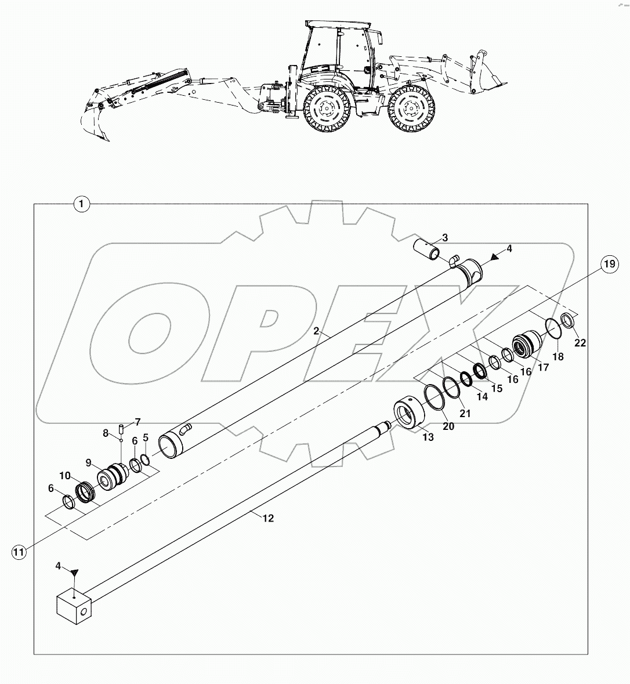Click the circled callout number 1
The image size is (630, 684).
(82, 204)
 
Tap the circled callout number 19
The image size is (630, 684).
(607, 265)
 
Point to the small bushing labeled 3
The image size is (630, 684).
(428, 251)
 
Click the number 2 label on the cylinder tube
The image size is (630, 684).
(316, 331)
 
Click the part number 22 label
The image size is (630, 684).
(580, 343)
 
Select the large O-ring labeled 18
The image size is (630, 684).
(553, 329)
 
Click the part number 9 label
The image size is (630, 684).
(89, 462)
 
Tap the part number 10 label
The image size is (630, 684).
(64, 476)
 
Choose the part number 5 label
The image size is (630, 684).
(146, 436)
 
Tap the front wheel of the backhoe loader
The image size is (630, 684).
(411, 109)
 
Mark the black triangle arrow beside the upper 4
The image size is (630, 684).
(495, 256)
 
